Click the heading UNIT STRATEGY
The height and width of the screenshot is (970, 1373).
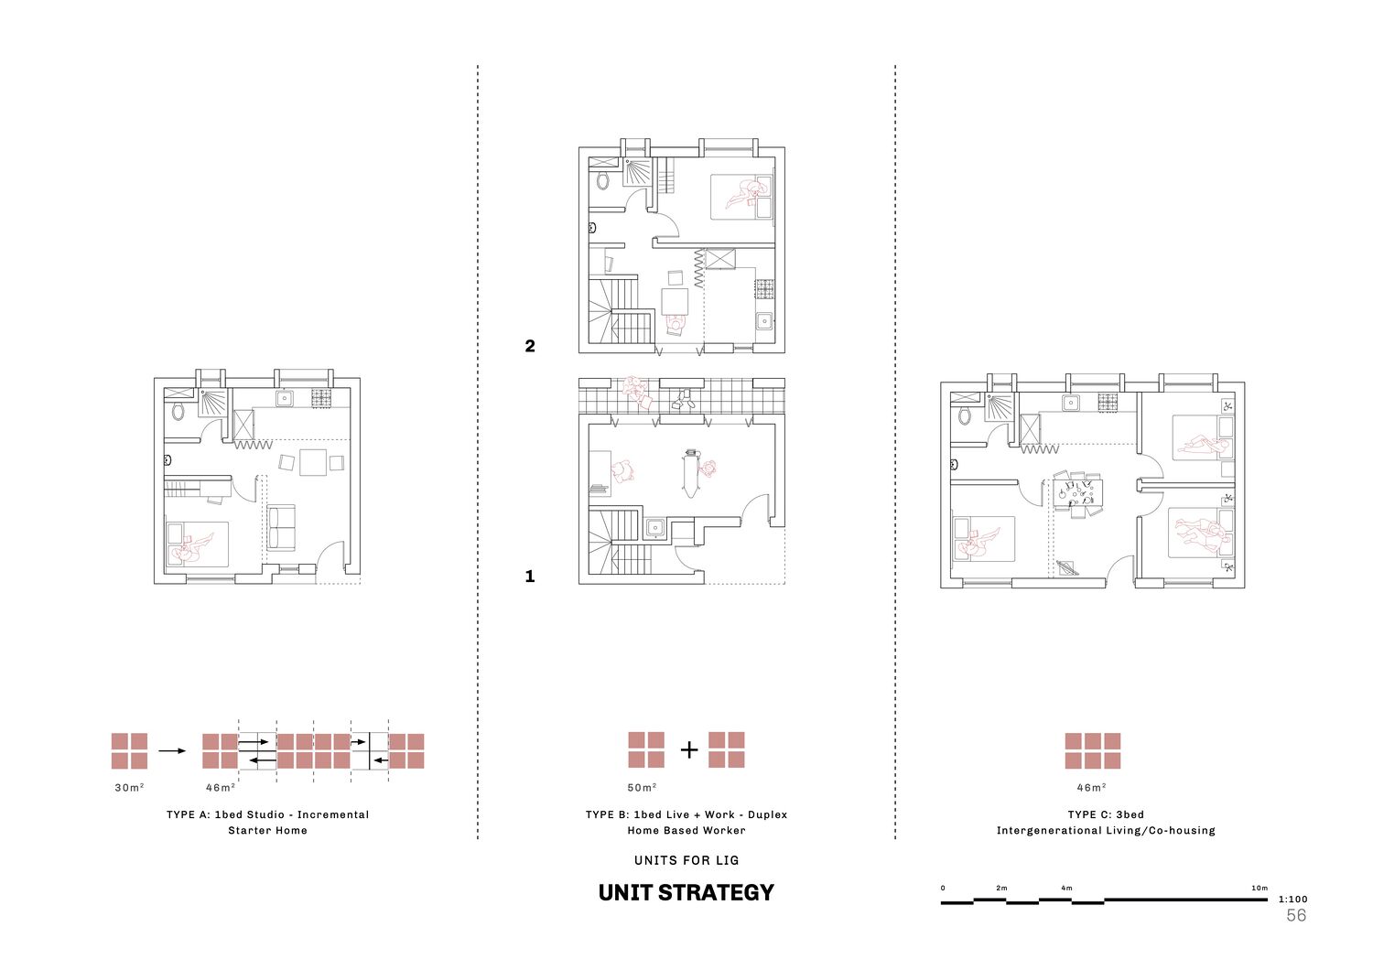(686, 893)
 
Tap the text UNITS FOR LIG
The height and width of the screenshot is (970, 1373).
(686, 860)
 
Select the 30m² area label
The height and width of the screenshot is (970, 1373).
(129, 787)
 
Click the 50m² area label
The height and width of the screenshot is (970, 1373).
(642, 787)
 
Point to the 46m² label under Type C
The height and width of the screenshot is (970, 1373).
(1092, 787)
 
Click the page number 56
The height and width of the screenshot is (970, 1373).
(1296, 915)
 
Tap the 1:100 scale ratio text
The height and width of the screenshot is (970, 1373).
(1292, 900)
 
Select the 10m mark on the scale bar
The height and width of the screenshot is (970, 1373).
(1259, 888)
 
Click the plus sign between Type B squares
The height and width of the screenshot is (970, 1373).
(689, 750)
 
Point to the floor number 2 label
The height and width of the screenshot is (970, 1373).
(530, 346)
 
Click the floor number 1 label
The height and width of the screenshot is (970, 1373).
(530, 576)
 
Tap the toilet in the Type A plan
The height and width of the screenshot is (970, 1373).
(178, 412)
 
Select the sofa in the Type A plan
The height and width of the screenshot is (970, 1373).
(281, 528)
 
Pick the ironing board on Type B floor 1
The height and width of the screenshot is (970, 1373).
(691, 473)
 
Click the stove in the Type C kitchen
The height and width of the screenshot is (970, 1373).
(1108, 403)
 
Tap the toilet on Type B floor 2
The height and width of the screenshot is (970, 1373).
(603, 181)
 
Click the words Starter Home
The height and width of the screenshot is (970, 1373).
(268, 831)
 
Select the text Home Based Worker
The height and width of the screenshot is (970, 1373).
(686, 831)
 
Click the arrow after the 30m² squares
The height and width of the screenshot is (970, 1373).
(172, 750)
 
